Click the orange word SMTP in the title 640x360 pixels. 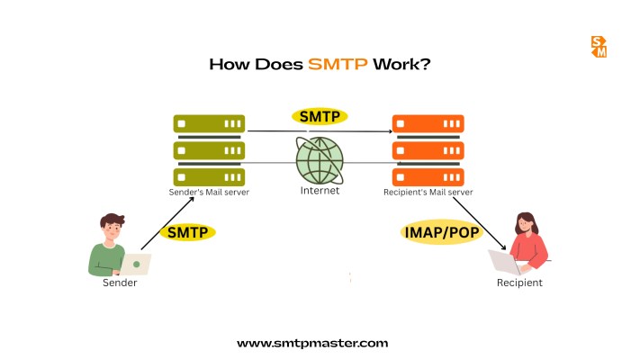tap(338, 65)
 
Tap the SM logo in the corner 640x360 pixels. tap(599, 47)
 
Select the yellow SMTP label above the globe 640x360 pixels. tap(320, 116)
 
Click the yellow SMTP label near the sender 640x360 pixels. tap(188, 232)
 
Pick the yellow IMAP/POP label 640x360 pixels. tap(441, 232)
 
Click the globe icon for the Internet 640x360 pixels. tap(320, 160)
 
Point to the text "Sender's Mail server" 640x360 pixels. tap(208, 192)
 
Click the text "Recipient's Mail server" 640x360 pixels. tap(427, 192)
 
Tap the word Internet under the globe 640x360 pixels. tap(320, 191)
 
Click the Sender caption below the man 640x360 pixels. tap(120, 283)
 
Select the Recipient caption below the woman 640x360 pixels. tap(519, 283)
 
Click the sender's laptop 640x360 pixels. tap(137, 264)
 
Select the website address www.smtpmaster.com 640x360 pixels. tap(312, 343)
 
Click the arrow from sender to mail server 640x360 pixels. tap(168, 216)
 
